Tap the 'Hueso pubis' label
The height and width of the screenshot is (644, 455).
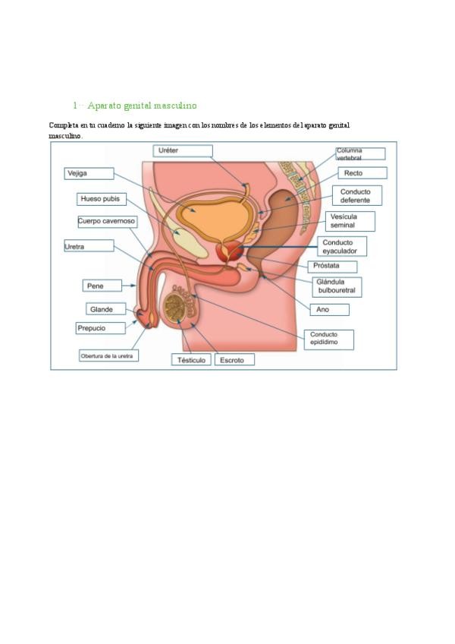[x=102, y=199]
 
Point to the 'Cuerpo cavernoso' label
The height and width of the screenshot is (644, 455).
[x=107, y=221]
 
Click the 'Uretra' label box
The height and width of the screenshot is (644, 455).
[x=88, y=246]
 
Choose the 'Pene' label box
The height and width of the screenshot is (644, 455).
[x=102, y=286]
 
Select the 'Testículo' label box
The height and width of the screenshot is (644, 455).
[x=192, y=360]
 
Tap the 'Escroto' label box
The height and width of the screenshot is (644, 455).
[x=234, y=360]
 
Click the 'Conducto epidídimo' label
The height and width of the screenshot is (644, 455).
[x=328, y=339]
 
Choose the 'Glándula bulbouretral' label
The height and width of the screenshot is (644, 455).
[x=337, y=286]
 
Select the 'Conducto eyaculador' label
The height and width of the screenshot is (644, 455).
[x=341, y=246]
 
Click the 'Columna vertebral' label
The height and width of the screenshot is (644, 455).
[x=359, y=153]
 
